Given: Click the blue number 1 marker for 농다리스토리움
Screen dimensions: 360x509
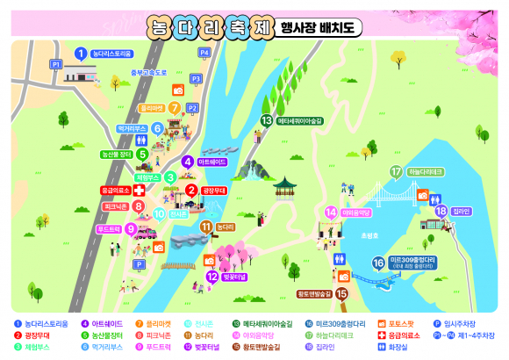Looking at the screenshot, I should [80, 54].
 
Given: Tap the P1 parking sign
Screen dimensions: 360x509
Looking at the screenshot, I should [56, 64].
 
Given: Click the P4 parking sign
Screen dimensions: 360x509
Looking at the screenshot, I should [204, 53].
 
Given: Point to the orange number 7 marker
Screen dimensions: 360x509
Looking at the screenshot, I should [175, 108].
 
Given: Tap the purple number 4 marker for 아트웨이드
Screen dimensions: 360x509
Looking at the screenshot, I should [187, 161].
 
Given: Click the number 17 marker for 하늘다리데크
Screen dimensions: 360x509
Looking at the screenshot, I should [395, 172].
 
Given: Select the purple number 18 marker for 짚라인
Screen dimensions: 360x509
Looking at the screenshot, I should [441, 210].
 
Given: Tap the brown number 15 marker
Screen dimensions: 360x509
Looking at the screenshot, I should [341, 294].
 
